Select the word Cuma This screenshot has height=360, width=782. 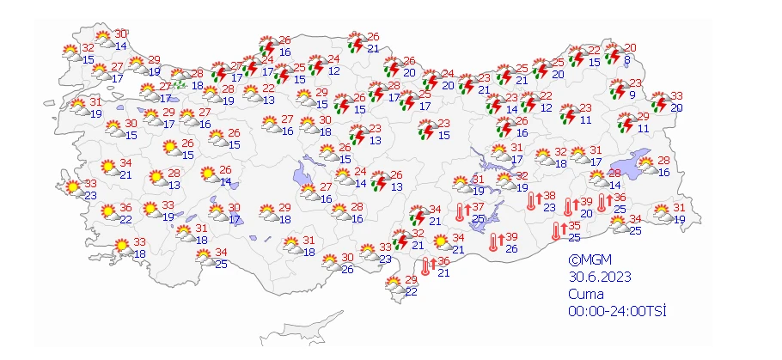pyautogui.click(x=585, y=294)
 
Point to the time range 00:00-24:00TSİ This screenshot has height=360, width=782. pyautogui.click(x=618, y=310)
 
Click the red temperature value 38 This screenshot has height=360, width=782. pyautogui.click(x=549, y=195)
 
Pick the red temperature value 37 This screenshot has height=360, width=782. pyautogui.click(x=479, y=207)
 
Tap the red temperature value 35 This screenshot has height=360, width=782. pyautogui.click(x=574, y=225)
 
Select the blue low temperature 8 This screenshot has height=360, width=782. pyautogui.click(x=627, y=59)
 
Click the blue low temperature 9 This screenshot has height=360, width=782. pyautogui.click(x=632, y=95)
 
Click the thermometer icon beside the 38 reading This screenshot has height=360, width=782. pyautogui.click(x=530, y=201)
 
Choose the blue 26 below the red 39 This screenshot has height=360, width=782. pyautogui.click(x=510, y=249)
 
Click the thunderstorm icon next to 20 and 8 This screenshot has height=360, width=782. pyautogui.click(x=612, y=53)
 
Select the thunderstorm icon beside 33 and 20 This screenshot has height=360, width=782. pyautogui.click(x=660, y=102)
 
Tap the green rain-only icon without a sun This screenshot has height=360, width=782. pyautogui.click(x=180, y=84)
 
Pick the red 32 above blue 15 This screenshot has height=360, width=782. pyautogui.click(x=88, y=48)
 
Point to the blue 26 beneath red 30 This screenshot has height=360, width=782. pyautogui.click(x=346, y=269)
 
